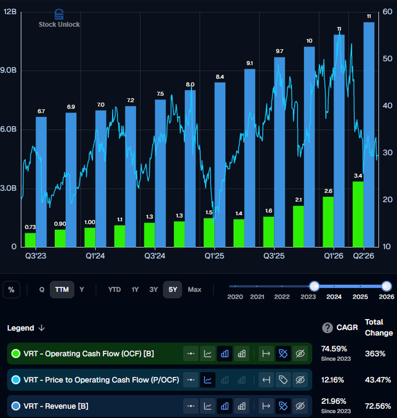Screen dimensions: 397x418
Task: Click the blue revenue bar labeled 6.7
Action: (41, 182)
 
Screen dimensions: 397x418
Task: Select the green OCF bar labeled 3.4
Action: (358, 214)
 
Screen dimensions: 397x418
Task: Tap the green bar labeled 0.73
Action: (30, 240)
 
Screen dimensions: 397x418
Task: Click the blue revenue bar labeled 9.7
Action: (279, 152)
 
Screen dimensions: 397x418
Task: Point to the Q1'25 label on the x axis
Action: (214, 256)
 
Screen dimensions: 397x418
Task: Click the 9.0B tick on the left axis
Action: (8, 70)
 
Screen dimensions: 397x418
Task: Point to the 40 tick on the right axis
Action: (387, 106)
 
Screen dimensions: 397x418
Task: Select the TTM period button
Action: (62, 290)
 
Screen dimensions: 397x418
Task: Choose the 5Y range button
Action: (173, 290)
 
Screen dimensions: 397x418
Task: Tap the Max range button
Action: (194, 290)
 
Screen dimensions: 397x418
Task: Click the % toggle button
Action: (11, 290)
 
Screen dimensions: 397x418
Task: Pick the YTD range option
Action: (114, 290)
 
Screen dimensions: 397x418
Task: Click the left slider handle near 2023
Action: (315, 286)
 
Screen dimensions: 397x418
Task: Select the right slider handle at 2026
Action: (387, 286)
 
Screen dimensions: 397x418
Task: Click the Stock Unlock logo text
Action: (59, 25)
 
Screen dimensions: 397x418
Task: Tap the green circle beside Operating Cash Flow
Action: (16, 353)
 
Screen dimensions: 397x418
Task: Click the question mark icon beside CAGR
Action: (327, 328)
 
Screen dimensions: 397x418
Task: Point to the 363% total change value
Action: (375, 353)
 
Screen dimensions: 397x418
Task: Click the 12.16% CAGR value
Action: (332, 380)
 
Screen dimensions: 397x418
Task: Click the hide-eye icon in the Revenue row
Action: (300, 406)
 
